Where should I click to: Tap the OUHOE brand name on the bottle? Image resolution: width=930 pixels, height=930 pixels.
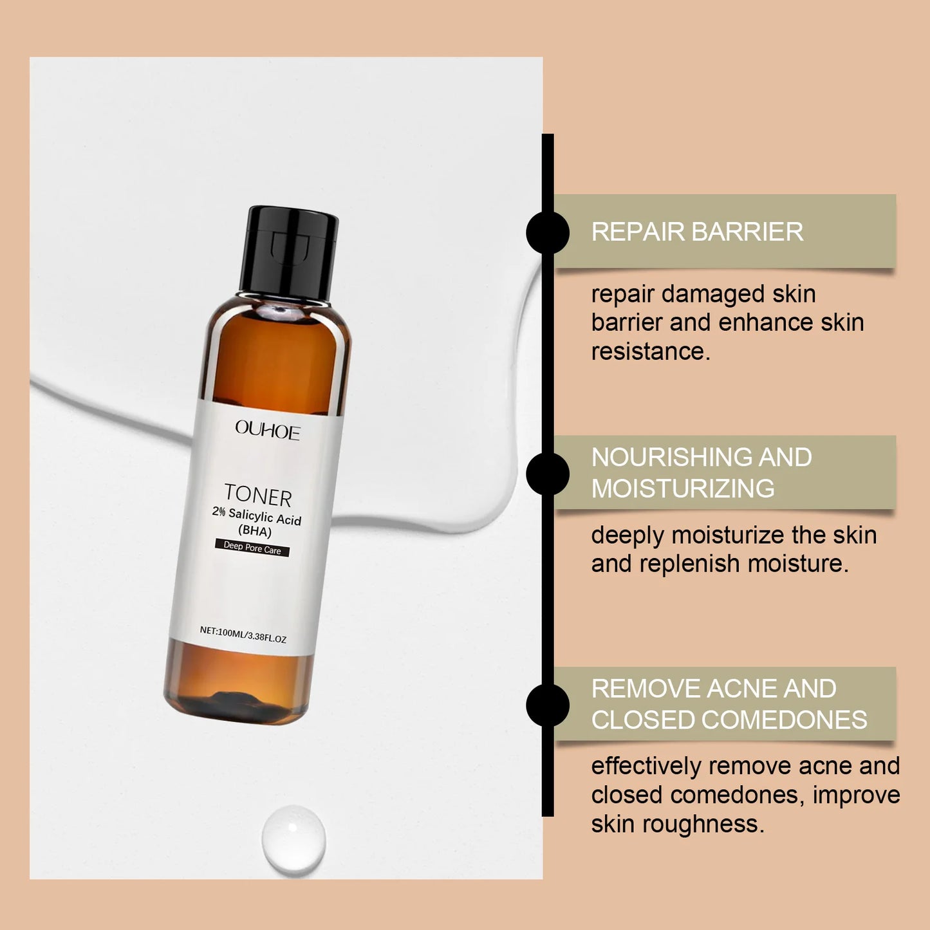click(267, 429)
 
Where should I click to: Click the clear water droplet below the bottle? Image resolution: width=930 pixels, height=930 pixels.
click(293, 839)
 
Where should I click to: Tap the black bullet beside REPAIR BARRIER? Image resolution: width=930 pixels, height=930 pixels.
click(548, 232)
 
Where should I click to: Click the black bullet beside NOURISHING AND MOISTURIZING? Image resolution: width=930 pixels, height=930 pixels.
click(548, 474)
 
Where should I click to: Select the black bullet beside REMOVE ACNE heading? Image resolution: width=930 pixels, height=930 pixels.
click(548, 705)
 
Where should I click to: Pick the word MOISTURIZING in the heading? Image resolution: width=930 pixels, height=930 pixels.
click(683, 488)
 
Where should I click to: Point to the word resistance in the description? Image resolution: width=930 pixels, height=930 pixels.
click(650, 351)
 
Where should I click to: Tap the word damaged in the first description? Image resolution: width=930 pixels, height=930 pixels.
click(714, 295)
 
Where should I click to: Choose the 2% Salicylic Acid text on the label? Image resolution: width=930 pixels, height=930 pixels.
click(257, 516)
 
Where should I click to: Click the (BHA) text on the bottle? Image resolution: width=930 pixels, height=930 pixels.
click(255, 531)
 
